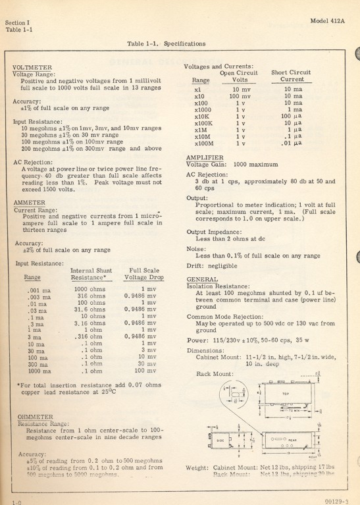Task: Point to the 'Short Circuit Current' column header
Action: click(x=290, y=76)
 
